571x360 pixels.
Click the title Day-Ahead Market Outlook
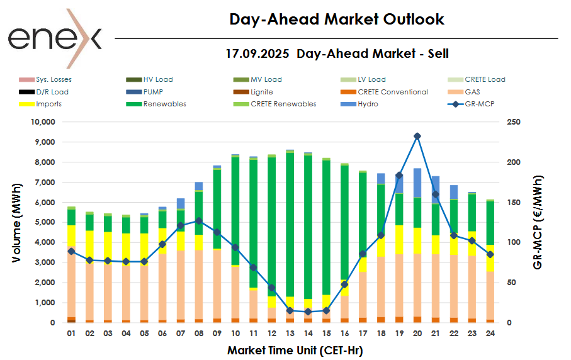(x=337, y=20)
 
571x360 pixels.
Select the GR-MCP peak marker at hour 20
(x=417, y=136)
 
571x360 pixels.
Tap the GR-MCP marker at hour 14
(x=308, y=312)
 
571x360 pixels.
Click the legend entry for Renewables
(x=164, y=104)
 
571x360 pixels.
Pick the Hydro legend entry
(x=368, y=104)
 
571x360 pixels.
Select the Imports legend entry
(x=49, y=104)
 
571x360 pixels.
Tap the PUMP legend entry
(x=154, y=92)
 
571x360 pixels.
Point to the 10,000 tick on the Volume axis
(x=43, y=122)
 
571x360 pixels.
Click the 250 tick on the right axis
(x=515, y=122)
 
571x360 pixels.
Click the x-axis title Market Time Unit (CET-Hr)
(x=295, y=349)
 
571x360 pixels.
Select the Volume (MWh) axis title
(x=20, y=222)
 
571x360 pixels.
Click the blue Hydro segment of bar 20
(x=417, y=183)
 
